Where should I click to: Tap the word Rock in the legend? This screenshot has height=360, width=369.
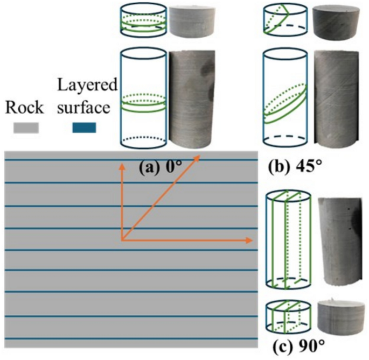point(24,108)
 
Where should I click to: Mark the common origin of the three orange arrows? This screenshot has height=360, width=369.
point(122,240)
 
